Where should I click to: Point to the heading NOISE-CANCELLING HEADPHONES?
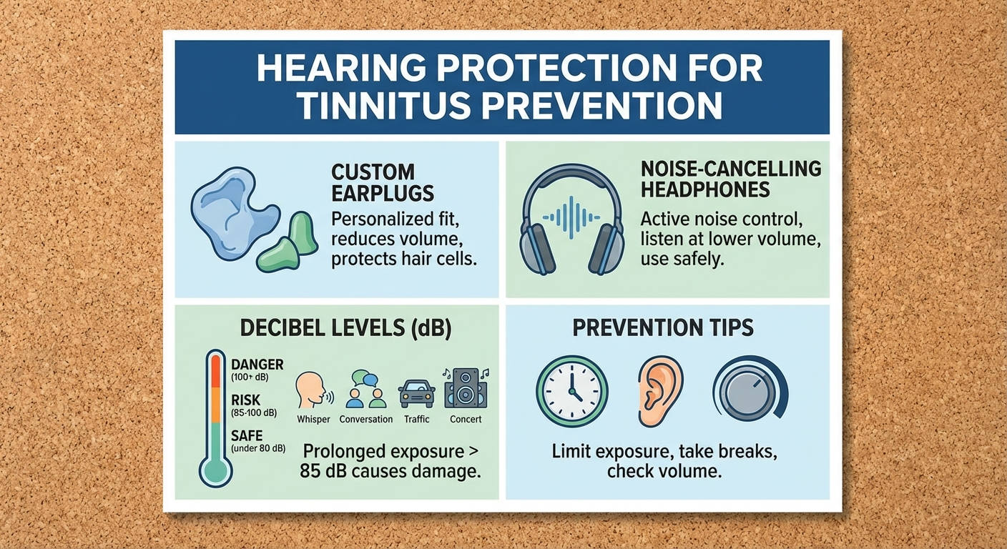click(x=730, y=179)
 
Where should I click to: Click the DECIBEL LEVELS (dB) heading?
click(x=335, y=328)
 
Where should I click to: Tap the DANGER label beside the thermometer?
click(x=257, y=365)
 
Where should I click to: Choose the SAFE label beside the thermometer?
click(x=247, y=435)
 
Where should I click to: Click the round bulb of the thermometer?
click(x=215, y=470)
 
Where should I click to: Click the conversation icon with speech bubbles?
click(x=365, y=389)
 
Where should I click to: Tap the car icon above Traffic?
click(x=417, y=392)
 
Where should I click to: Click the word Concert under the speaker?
click(x=466, y=420)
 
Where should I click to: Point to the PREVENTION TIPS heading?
click(x=663, y=328)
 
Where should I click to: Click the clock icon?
click(x=571, y=391)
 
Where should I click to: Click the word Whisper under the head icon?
click(x=314, y=420)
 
